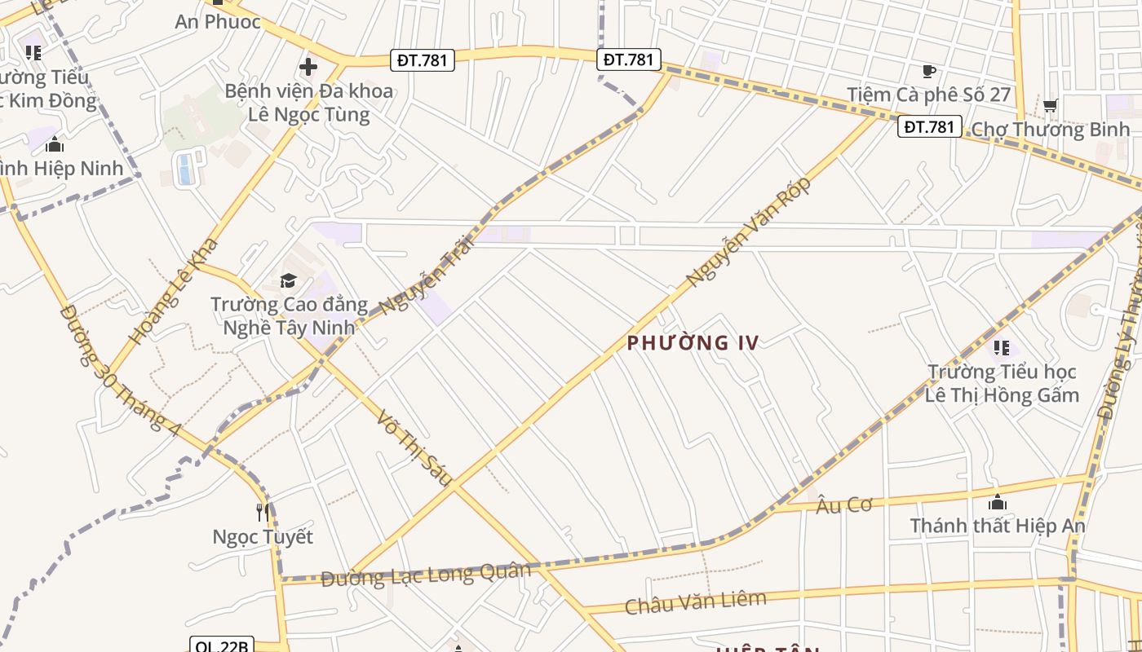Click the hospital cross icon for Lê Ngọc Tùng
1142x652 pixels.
click(308, 67)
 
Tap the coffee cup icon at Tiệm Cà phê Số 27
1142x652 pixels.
click(928, 72)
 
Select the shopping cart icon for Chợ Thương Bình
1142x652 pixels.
click(1051, 105)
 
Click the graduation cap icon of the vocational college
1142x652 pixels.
click(288, 281)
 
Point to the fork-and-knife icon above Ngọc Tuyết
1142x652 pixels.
click(263, 512)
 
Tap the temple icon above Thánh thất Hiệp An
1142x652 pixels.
click(997, 502)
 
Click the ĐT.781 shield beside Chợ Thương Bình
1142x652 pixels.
click(929, 126)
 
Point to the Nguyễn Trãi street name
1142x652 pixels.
click(427, 275)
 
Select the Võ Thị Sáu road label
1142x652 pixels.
click(414, 448)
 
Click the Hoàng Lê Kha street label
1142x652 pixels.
click(174, 291)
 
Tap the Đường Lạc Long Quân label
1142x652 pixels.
click(425, 575)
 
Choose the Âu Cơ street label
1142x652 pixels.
click(843, 505)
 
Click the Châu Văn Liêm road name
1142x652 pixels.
click(696, 602)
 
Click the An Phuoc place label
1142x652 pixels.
click(218, 22)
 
